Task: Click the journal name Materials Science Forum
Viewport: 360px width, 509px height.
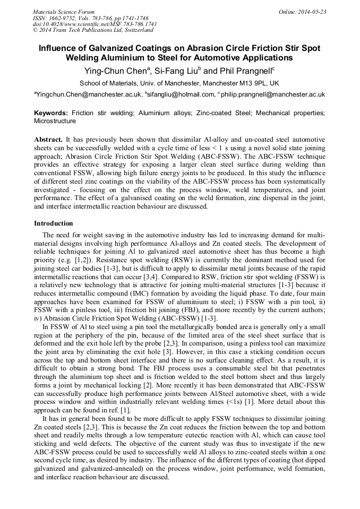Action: tap(64, 12)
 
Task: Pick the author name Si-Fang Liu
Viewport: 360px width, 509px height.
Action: tap(179, 71)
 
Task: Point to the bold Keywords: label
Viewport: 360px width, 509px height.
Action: tap(51, 113)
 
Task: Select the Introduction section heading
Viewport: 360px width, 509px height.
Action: tap(54, 223)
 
